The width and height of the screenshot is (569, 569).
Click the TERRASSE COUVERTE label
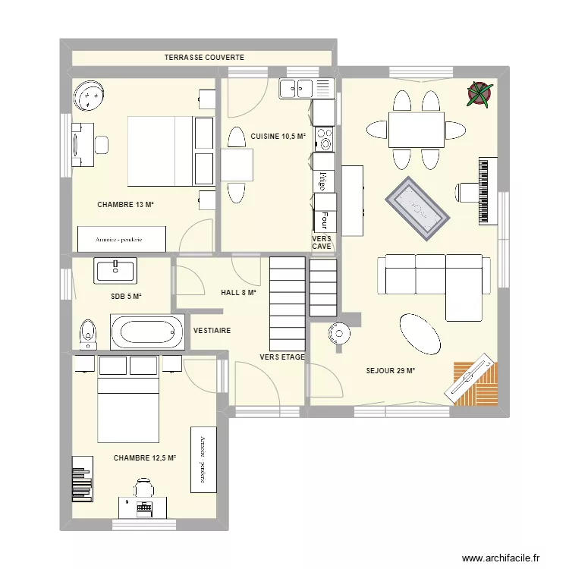204,58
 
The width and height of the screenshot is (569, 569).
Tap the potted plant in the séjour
479,94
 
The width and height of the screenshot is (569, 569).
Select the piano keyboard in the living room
488,191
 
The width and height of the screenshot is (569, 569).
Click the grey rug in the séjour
417,209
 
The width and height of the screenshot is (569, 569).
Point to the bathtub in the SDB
147,332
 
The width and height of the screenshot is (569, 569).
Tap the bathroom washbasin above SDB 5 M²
115,270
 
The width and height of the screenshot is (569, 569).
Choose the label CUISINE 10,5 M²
278,137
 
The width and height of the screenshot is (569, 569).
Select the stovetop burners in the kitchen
325,139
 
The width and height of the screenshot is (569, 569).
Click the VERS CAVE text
322,243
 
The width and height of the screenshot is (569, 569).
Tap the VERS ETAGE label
282,357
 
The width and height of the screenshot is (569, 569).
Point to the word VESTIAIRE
212,331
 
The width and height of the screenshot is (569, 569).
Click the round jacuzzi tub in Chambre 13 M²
90,96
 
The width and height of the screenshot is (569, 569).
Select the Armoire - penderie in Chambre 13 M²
121,239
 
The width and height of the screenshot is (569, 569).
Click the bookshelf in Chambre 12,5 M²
83,479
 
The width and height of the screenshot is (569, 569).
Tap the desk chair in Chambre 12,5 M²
143,487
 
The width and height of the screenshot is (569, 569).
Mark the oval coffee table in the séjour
420,334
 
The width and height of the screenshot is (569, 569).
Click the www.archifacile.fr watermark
501,558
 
